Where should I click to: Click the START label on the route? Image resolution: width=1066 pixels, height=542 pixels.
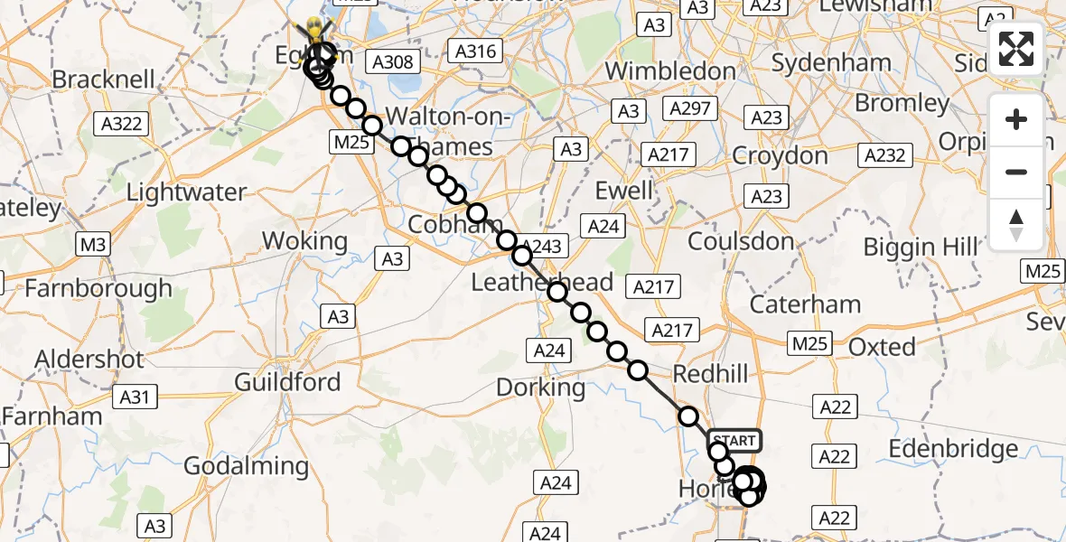click(734, 441)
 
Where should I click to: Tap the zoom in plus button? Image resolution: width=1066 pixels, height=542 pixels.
click(1016, 119)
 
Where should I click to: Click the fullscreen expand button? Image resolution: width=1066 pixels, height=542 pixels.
click(1016, 49)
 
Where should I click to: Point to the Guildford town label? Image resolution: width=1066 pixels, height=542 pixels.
click(287, 382)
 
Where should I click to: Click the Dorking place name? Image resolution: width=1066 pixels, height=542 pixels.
click(541, 388)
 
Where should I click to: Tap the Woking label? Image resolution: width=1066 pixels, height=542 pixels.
click(304, 241)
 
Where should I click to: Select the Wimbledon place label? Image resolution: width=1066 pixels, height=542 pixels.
click(670, 70)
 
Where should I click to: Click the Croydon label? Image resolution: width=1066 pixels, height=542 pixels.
click(780, 155)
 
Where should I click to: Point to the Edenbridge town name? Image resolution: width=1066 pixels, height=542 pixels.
click(954, 449)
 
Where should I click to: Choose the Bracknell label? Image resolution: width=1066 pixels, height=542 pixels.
click(103, 79)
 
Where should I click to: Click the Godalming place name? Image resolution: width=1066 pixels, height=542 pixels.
click(246, 466)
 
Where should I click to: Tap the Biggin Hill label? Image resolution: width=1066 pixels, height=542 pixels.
click(921, 246)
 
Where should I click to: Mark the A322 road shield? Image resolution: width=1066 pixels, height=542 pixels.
click(121, 123)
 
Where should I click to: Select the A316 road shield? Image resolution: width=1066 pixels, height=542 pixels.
click(476, 51)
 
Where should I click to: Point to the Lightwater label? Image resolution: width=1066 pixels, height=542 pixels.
click(186, 192)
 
